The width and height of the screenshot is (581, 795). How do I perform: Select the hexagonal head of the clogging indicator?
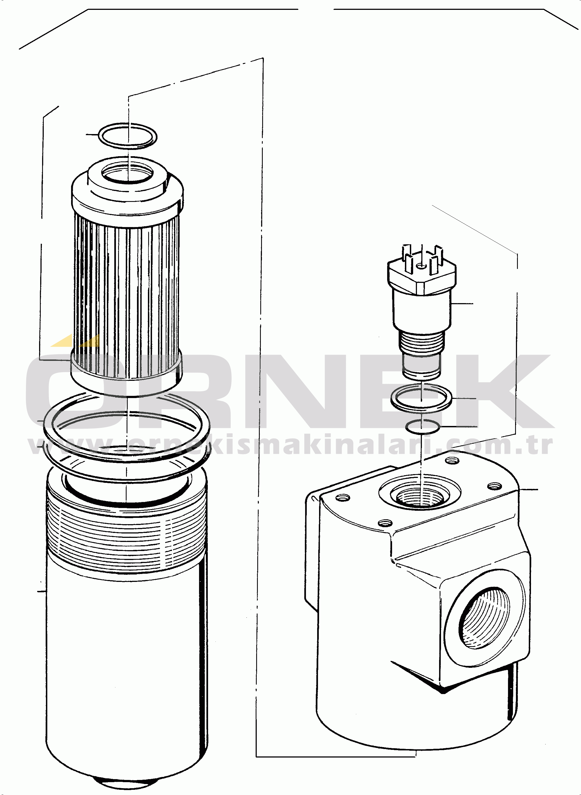click(422, 276)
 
